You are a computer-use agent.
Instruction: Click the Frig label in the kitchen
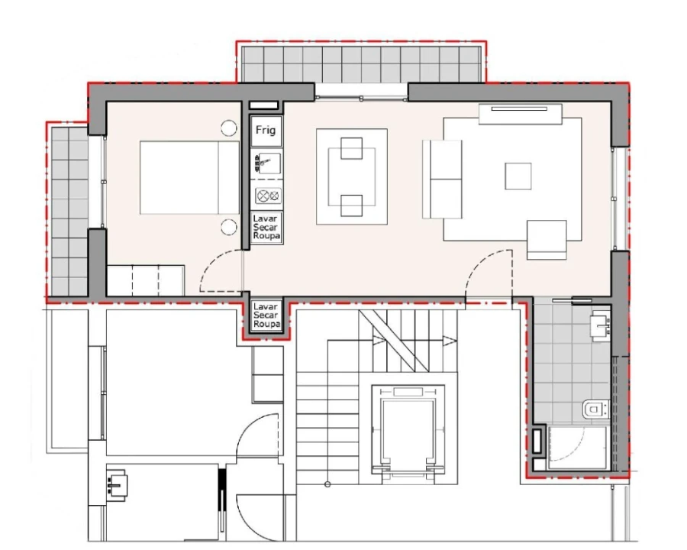(x=266, y=131)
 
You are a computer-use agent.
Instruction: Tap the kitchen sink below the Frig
(x=267, y=163)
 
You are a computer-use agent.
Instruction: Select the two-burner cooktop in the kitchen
(x=267, y=196)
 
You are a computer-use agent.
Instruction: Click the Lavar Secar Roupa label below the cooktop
(x=267, y=228)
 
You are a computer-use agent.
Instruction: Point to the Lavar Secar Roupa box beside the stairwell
(x=266, y=315)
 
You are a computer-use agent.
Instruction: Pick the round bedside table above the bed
(x=228, y=129)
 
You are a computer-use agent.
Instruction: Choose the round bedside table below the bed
(x=228, y=225)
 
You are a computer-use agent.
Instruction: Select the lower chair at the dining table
(x=351, y=205)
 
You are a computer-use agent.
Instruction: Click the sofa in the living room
(x=443, y=180)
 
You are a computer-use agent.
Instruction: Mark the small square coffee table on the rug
(x=518, y=176)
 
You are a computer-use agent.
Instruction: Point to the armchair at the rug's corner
(x=547, y=239)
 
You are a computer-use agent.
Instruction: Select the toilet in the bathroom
(x=594, y=410)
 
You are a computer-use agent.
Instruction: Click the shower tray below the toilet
(x=577, y=448)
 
